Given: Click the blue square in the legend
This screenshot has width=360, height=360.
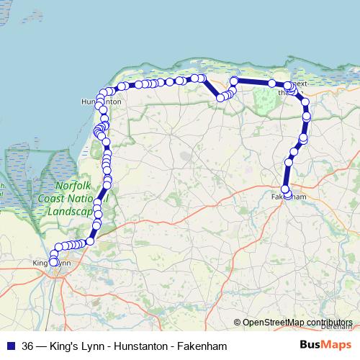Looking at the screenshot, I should click(10, 346).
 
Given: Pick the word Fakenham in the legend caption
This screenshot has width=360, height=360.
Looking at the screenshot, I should click(204, 346).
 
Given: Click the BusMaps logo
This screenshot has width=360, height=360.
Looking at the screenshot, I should click(325, 346).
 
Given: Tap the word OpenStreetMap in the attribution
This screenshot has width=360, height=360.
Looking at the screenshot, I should click(274, 323).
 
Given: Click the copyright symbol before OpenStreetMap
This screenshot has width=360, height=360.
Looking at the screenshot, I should click(238, 323).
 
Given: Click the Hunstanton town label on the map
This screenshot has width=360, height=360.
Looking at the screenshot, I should click(101, 102).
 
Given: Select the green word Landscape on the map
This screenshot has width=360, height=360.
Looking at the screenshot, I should click(70, 212).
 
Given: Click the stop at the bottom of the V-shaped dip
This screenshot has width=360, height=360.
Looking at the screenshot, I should click(220, 97).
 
